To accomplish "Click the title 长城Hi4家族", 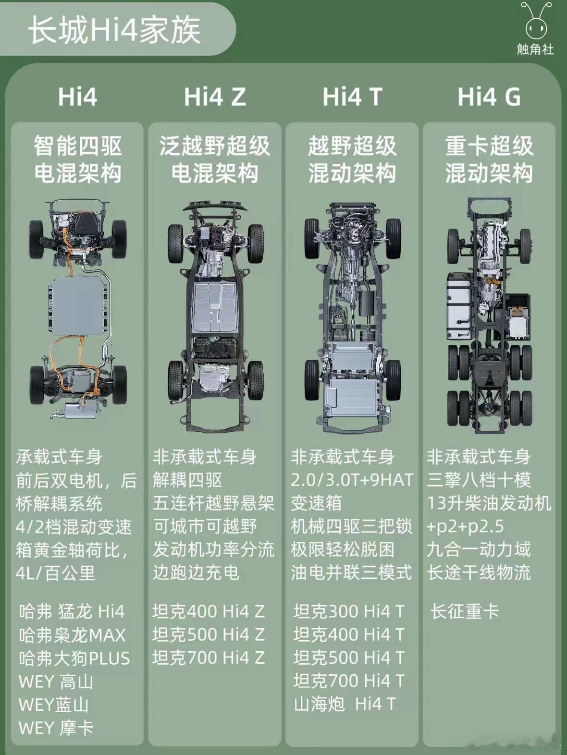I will (114, 30).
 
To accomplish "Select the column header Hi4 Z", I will (215, 97).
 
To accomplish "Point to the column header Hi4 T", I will (352, 97).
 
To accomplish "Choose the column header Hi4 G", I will (489, 97).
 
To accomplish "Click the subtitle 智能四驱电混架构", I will (77, 159).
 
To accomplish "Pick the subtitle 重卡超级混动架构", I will (489, 159).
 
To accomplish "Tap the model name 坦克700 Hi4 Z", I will (209, 658).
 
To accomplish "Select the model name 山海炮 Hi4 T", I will (345, 704).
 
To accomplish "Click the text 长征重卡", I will (464, 611).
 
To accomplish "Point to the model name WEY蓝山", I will (54, 705).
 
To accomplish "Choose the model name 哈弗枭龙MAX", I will (72, 635).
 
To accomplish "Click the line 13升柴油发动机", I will (489, 503).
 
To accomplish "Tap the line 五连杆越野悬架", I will (213, 503).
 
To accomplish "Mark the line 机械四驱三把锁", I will (351, 526).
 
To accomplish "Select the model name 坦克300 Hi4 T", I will (349, 611).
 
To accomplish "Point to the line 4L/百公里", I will (55, 573).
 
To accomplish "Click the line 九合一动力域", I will (479, 549).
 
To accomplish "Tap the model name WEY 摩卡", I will (56, 728).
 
